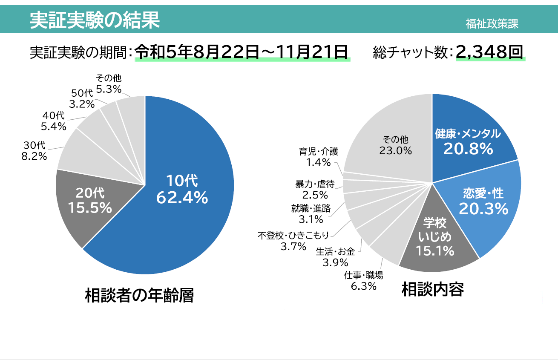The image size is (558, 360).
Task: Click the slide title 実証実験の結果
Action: coord(95,20)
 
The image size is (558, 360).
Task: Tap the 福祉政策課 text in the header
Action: coord(492,24)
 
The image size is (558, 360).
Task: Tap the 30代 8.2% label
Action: coord(34,151)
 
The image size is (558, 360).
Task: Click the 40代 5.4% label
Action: coord(53,121)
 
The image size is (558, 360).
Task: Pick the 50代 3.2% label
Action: coord(82,98)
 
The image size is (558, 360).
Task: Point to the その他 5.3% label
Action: coord(109,84)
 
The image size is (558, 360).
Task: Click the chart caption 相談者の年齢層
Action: coord(139,295)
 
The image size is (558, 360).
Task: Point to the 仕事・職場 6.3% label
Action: coord(363,281)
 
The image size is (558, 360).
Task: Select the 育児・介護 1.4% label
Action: coord(318,156)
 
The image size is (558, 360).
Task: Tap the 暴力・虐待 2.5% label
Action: coord(315,190)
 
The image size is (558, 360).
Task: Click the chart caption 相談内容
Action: coord(432,290)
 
